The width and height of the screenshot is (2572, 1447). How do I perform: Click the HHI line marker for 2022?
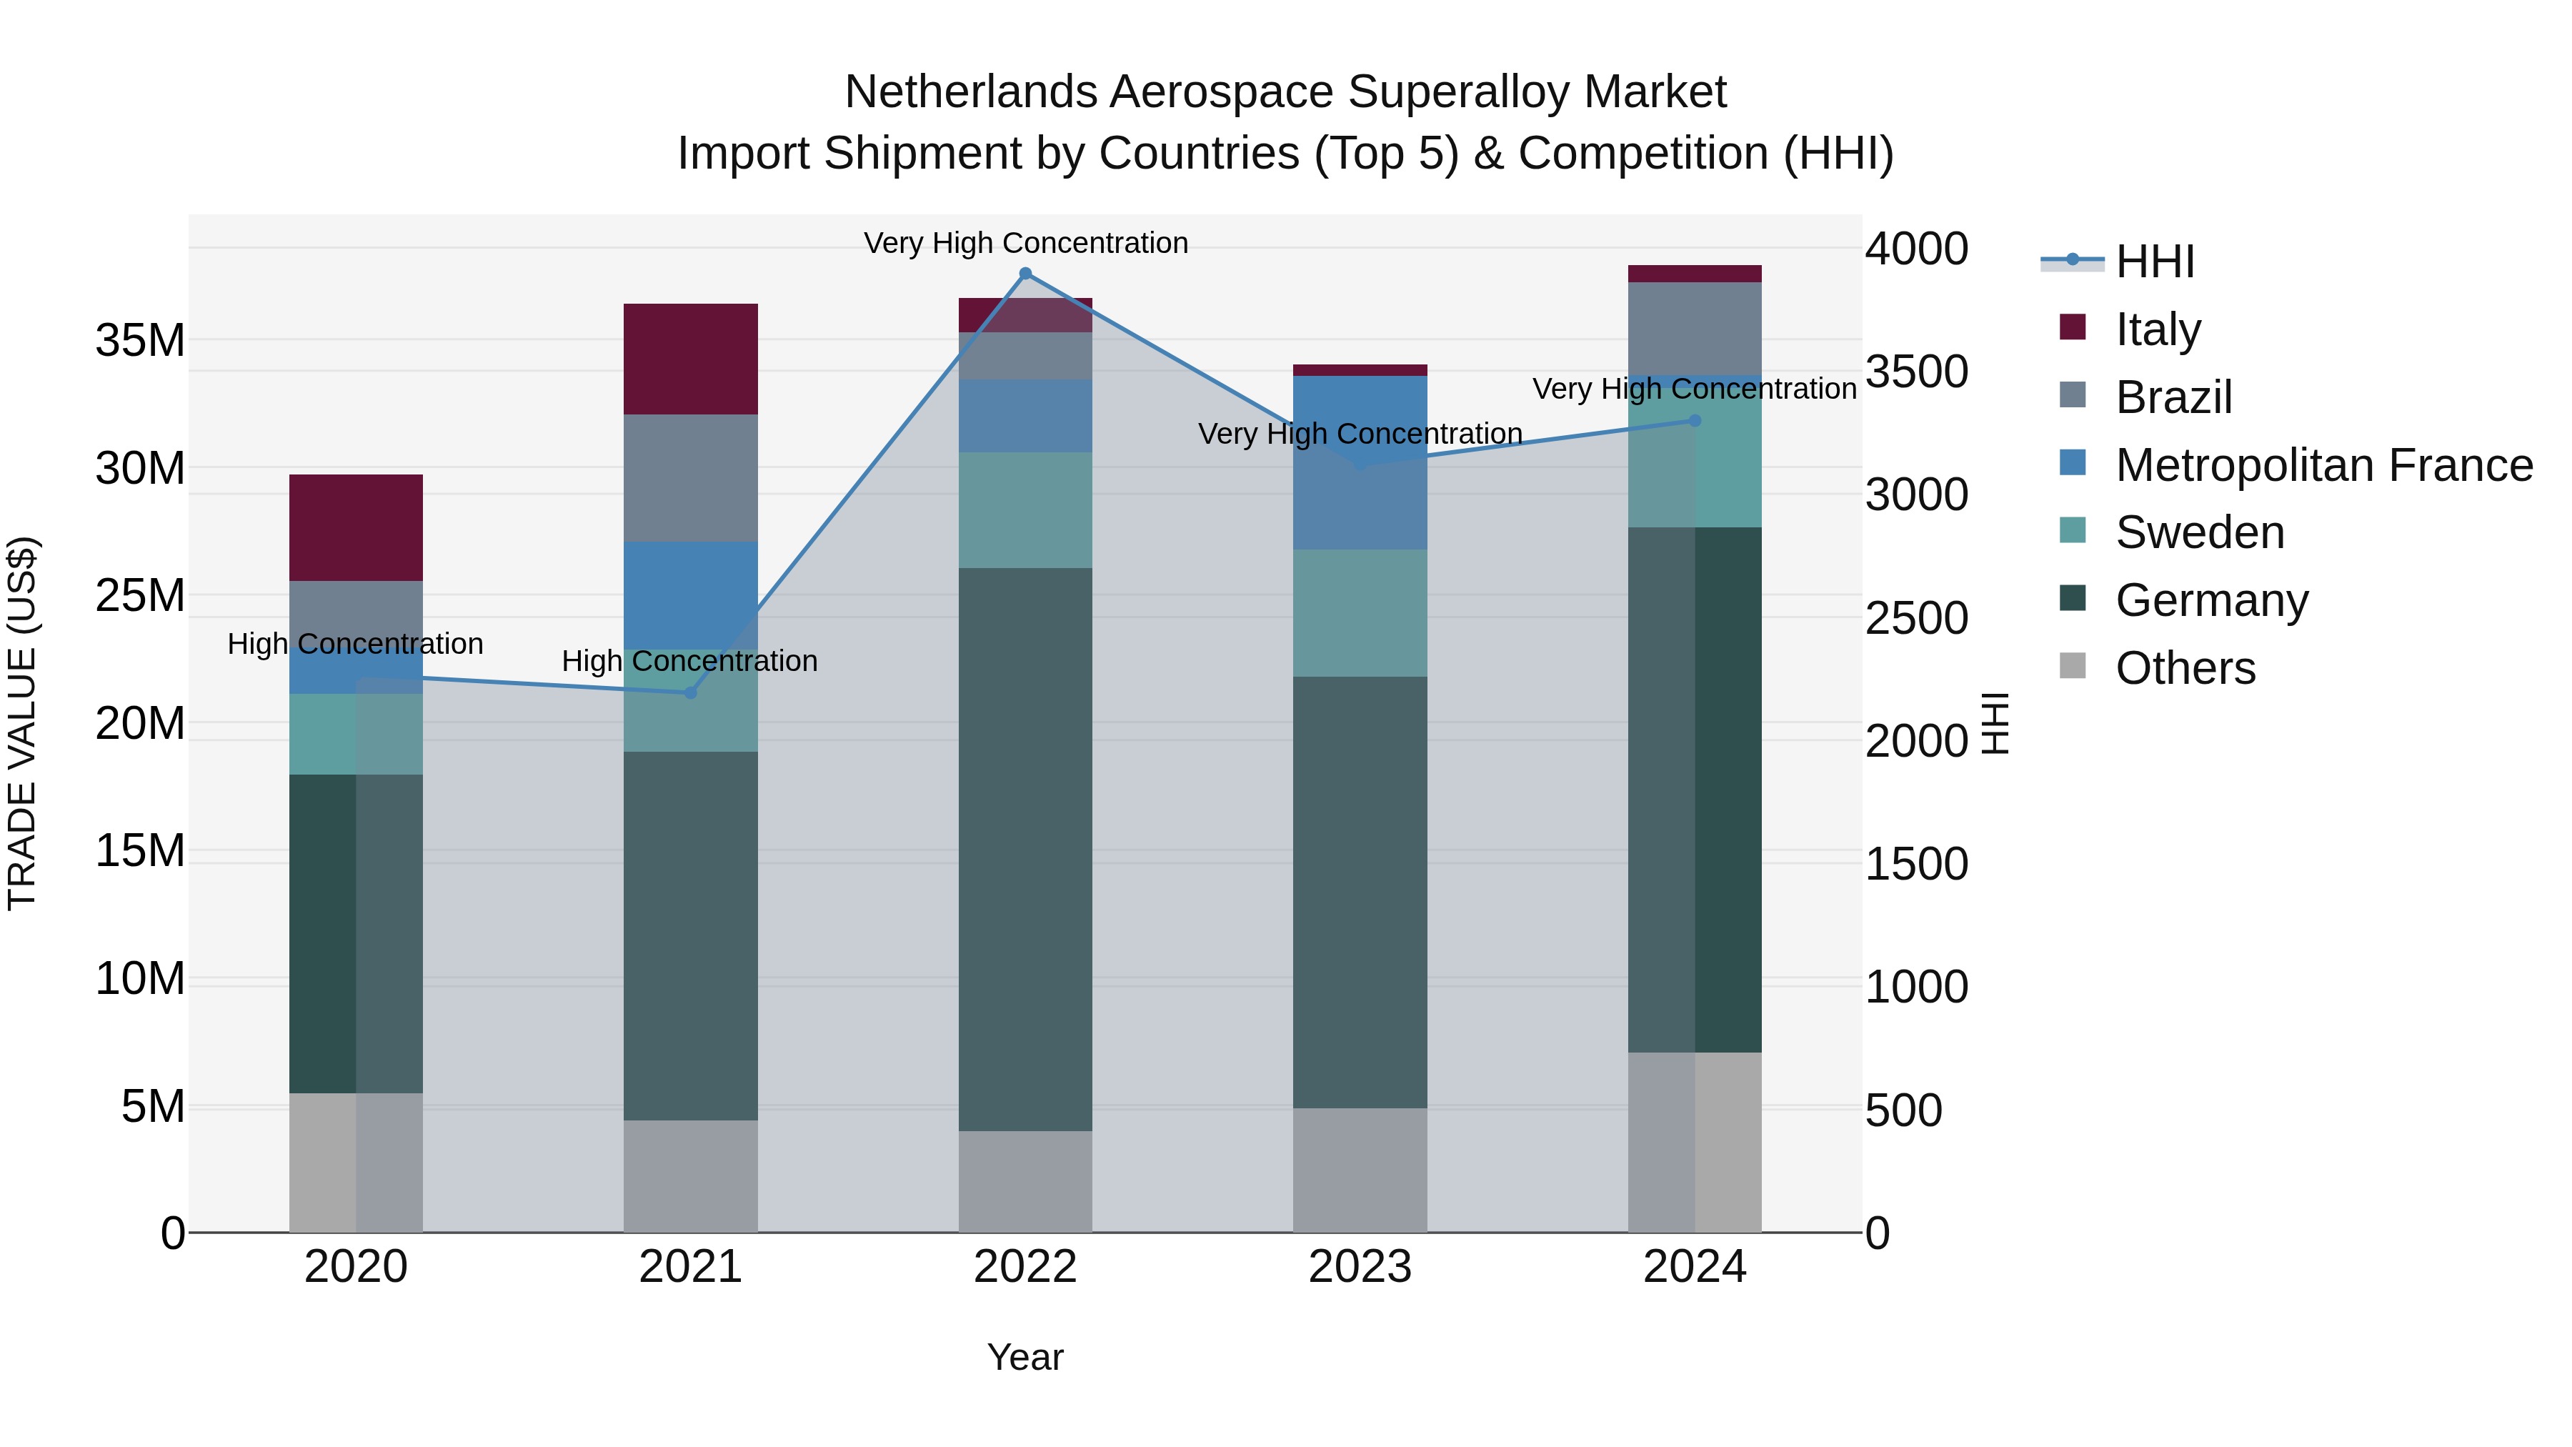click(x=1025, y=274)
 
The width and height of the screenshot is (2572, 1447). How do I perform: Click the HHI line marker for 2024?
click(x=1695, y=420)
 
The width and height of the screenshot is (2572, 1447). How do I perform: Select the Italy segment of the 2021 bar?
click(x=690, y=359)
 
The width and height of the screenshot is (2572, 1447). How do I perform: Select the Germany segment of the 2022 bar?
click(x=1025, y=849)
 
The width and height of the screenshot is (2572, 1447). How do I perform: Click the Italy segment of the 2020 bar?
click(x=356, y=527)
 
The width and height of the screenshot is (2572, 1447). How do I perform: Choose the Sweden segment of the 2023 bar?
click(x=1359, y=612)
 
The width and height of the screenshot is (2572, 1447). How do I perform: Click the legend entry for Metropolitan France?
click(x=2323, y=465)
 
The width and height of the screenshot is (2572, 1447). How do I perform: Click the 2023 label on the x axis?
click(x=1359, y=1267)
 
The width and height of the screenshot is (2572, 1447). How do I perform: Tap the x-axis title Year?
click(x=1025, y=1357)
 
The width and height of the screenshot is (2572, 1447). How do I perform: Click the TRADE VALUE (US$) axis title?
click(x=22, y=723)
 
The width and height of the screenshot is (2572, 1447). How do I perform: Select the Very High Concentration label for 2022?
click(x=1025, y=243)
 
